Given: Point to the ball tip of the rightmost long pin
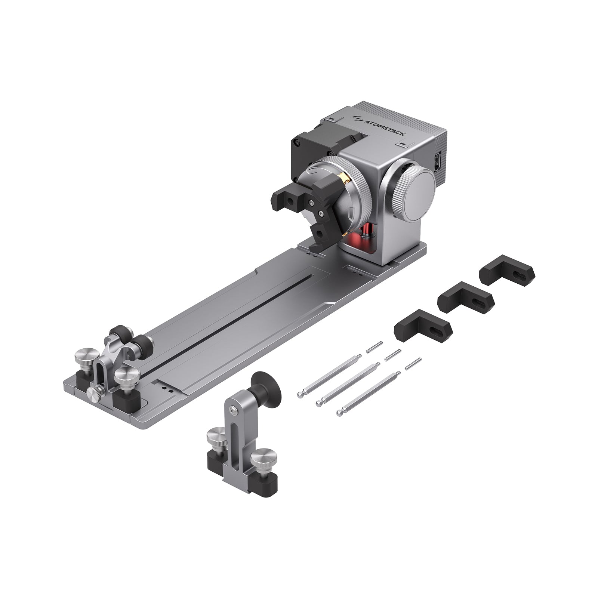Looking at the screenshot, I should pos(339,413).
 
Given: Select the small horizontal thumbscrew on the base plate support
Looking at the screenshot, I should pos(93,392).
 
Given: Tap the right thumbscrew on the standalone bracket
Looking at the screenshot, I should pos(264,458).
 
